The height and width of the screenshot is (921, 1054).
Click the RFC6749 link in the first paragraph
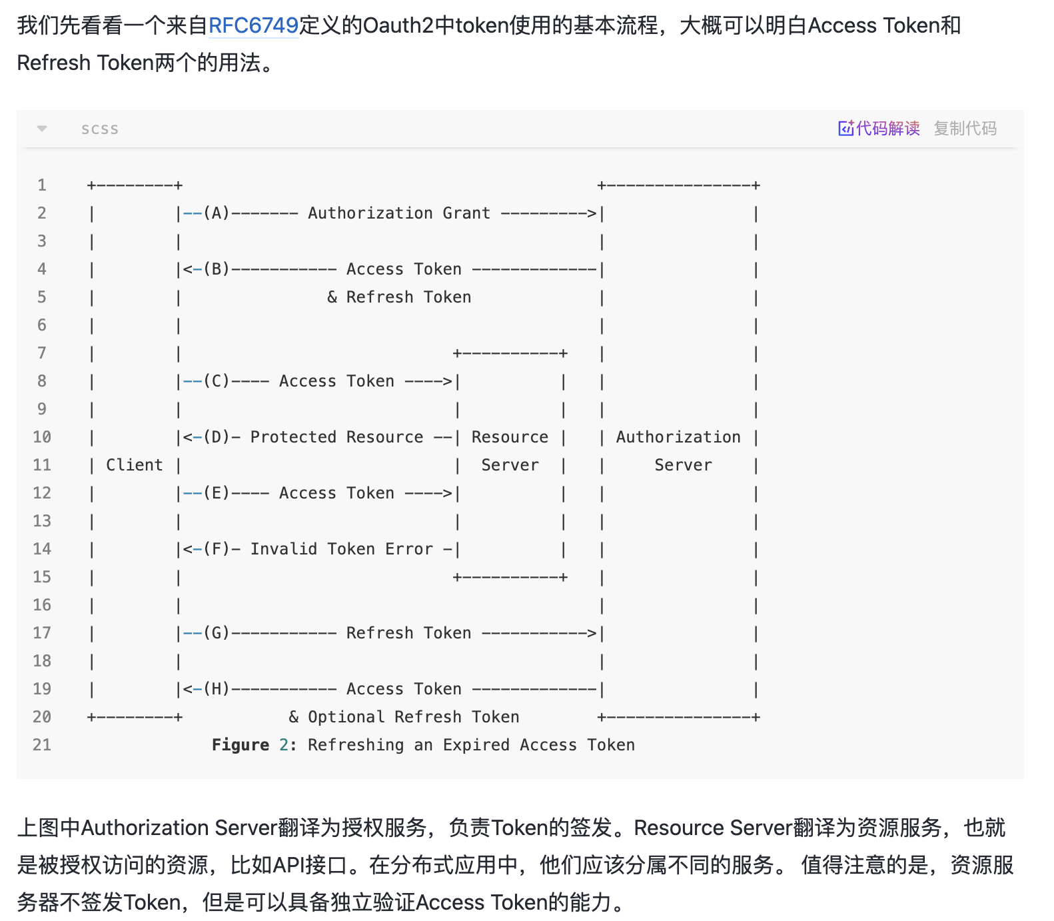[x=253, y=25]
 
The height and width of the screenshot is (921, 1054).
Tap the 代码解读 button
[x=879, y=128]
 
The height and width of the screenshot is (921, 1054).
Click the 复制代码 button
[x=965, y=128]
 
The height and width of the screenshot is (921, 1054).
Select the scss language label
[x=100, y=129]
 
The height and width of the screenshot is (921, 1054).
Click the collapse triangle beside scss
[x=42, y=129]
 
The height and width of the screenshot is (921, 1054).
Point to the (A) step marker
[x=217, y=213]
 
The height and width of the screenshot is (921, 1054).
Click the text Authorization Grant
[x=398, y=213]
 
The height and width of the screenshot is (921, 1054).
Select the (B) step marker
[x=217, y=269]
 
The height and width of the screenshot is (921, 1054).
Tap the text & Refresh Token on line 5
[x=399, y=297]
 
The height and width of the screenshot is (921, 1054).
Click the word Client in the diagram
[x=135, y=465]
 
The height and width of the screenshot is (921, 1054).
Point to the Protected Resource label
[x=336, y=437]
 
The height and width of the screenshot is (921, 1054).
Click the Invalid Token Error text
[x=341, y=549]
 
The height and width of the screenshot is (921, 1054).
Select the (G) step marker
[x=217, y=633]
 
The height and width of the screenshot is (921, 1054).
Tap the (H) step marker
[x=217, y=689]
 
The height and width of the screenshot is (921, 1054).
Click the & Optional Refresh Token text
[x=404, y=717]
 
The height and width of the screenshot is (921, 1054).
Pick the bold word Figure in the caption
[x=241, y=745]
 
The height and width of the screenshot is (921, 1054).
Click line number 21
[x=42, y=745]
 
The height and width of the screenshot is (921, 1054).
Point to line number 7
[x=42, y=353]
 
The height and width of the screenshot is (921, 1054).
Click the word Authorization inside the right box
[x=678, y=437]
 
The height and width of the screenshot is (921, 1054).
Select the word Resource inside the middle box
[x=510, y=437]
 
